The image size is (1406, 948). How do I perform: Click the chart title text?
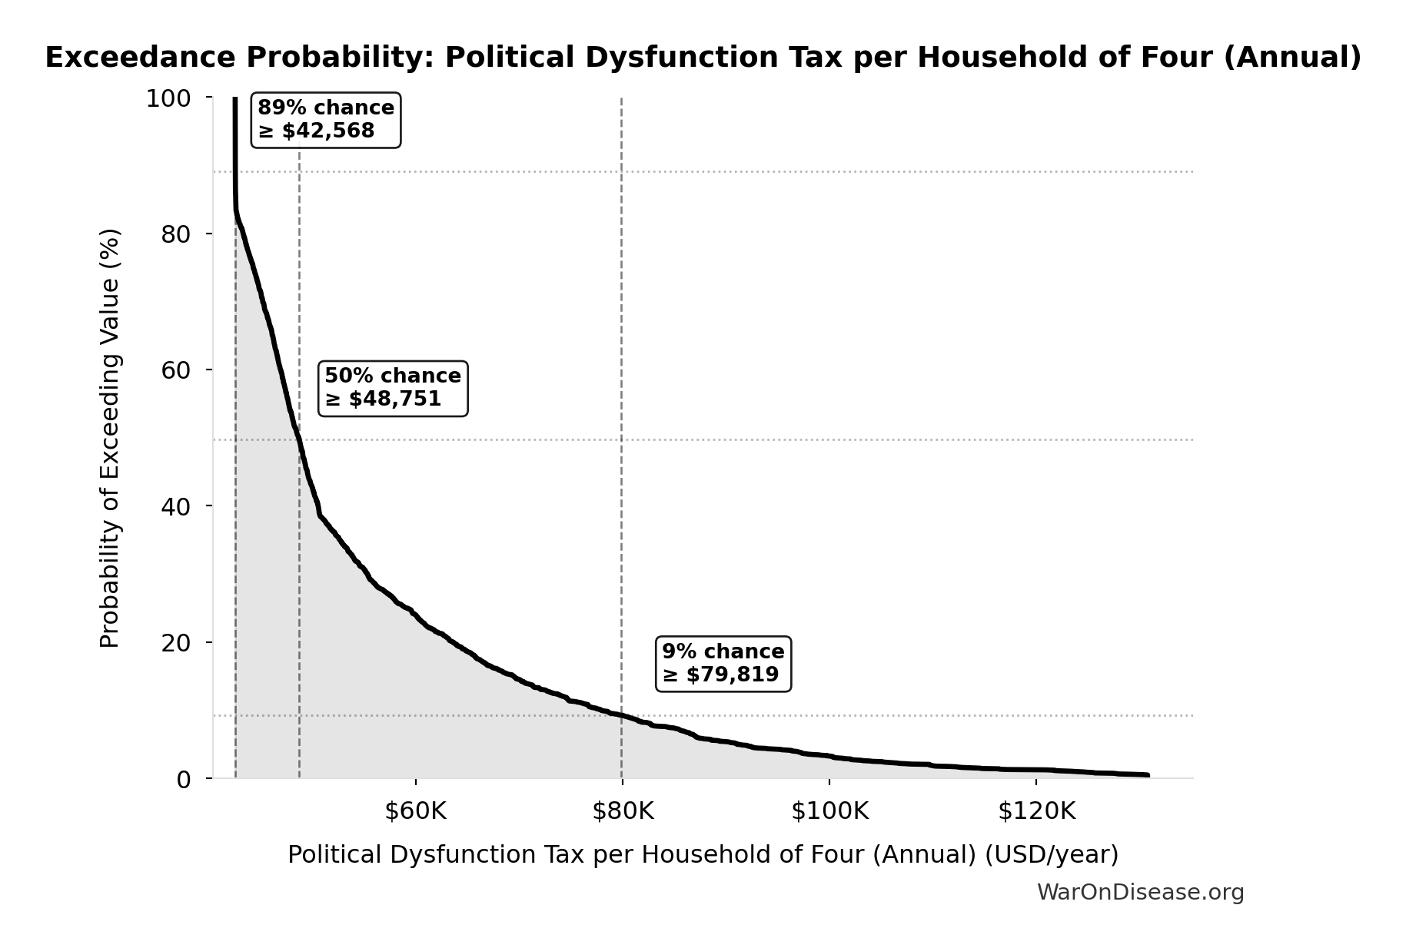703,58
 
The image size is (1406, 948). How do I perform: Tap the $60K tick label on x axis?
415,811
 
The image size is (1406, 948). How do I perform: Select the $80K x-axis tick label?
622,811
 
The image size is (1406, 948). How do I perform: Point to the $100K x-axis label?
829,811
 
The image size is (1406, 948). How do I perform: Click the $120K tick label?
1036,811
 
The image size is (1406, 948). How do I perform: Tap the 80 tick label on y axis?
176,234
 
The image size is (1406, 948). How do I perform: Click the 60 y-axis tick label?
176,370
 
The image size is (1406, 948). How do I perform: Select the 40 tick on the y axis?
176,506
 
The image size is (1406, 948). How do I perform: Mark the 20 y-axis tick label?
176,642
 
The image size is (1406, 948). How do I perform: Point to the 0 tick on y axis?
183,779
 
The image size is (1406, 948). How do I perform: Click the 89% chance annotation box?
326,119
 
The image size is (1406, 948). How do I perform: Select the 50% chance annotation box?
393,388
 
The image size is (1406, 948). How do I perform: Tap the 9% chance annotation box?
723,663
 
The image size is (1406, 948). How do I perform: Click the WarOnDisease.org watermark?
1140,892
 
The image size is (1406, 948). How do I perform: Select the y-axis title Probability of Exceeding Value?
111,438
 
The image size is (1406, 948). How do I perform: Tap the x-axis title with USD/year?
703,854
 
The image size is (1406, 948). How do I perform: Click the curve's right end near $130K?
1146,775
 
